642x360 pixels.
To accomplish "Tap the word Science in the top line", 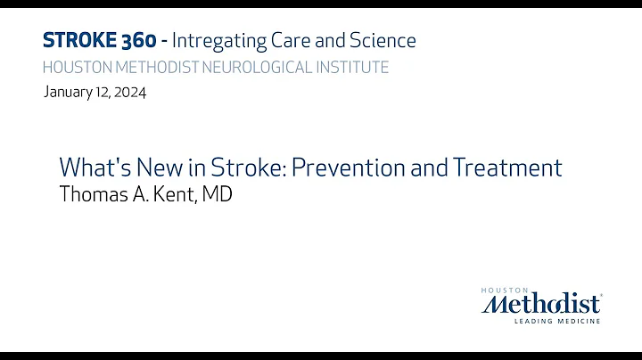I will tap(381, 40).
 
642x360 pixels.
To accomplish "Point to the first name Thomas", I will tap(90, 194).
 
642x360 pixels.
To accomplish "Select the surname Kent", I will tap(178, 194).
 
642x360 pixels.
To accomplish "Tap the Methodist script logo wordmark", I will tap(541, 305).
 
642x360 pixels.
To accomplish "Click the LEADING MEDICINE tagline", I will tap(560, 321).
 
